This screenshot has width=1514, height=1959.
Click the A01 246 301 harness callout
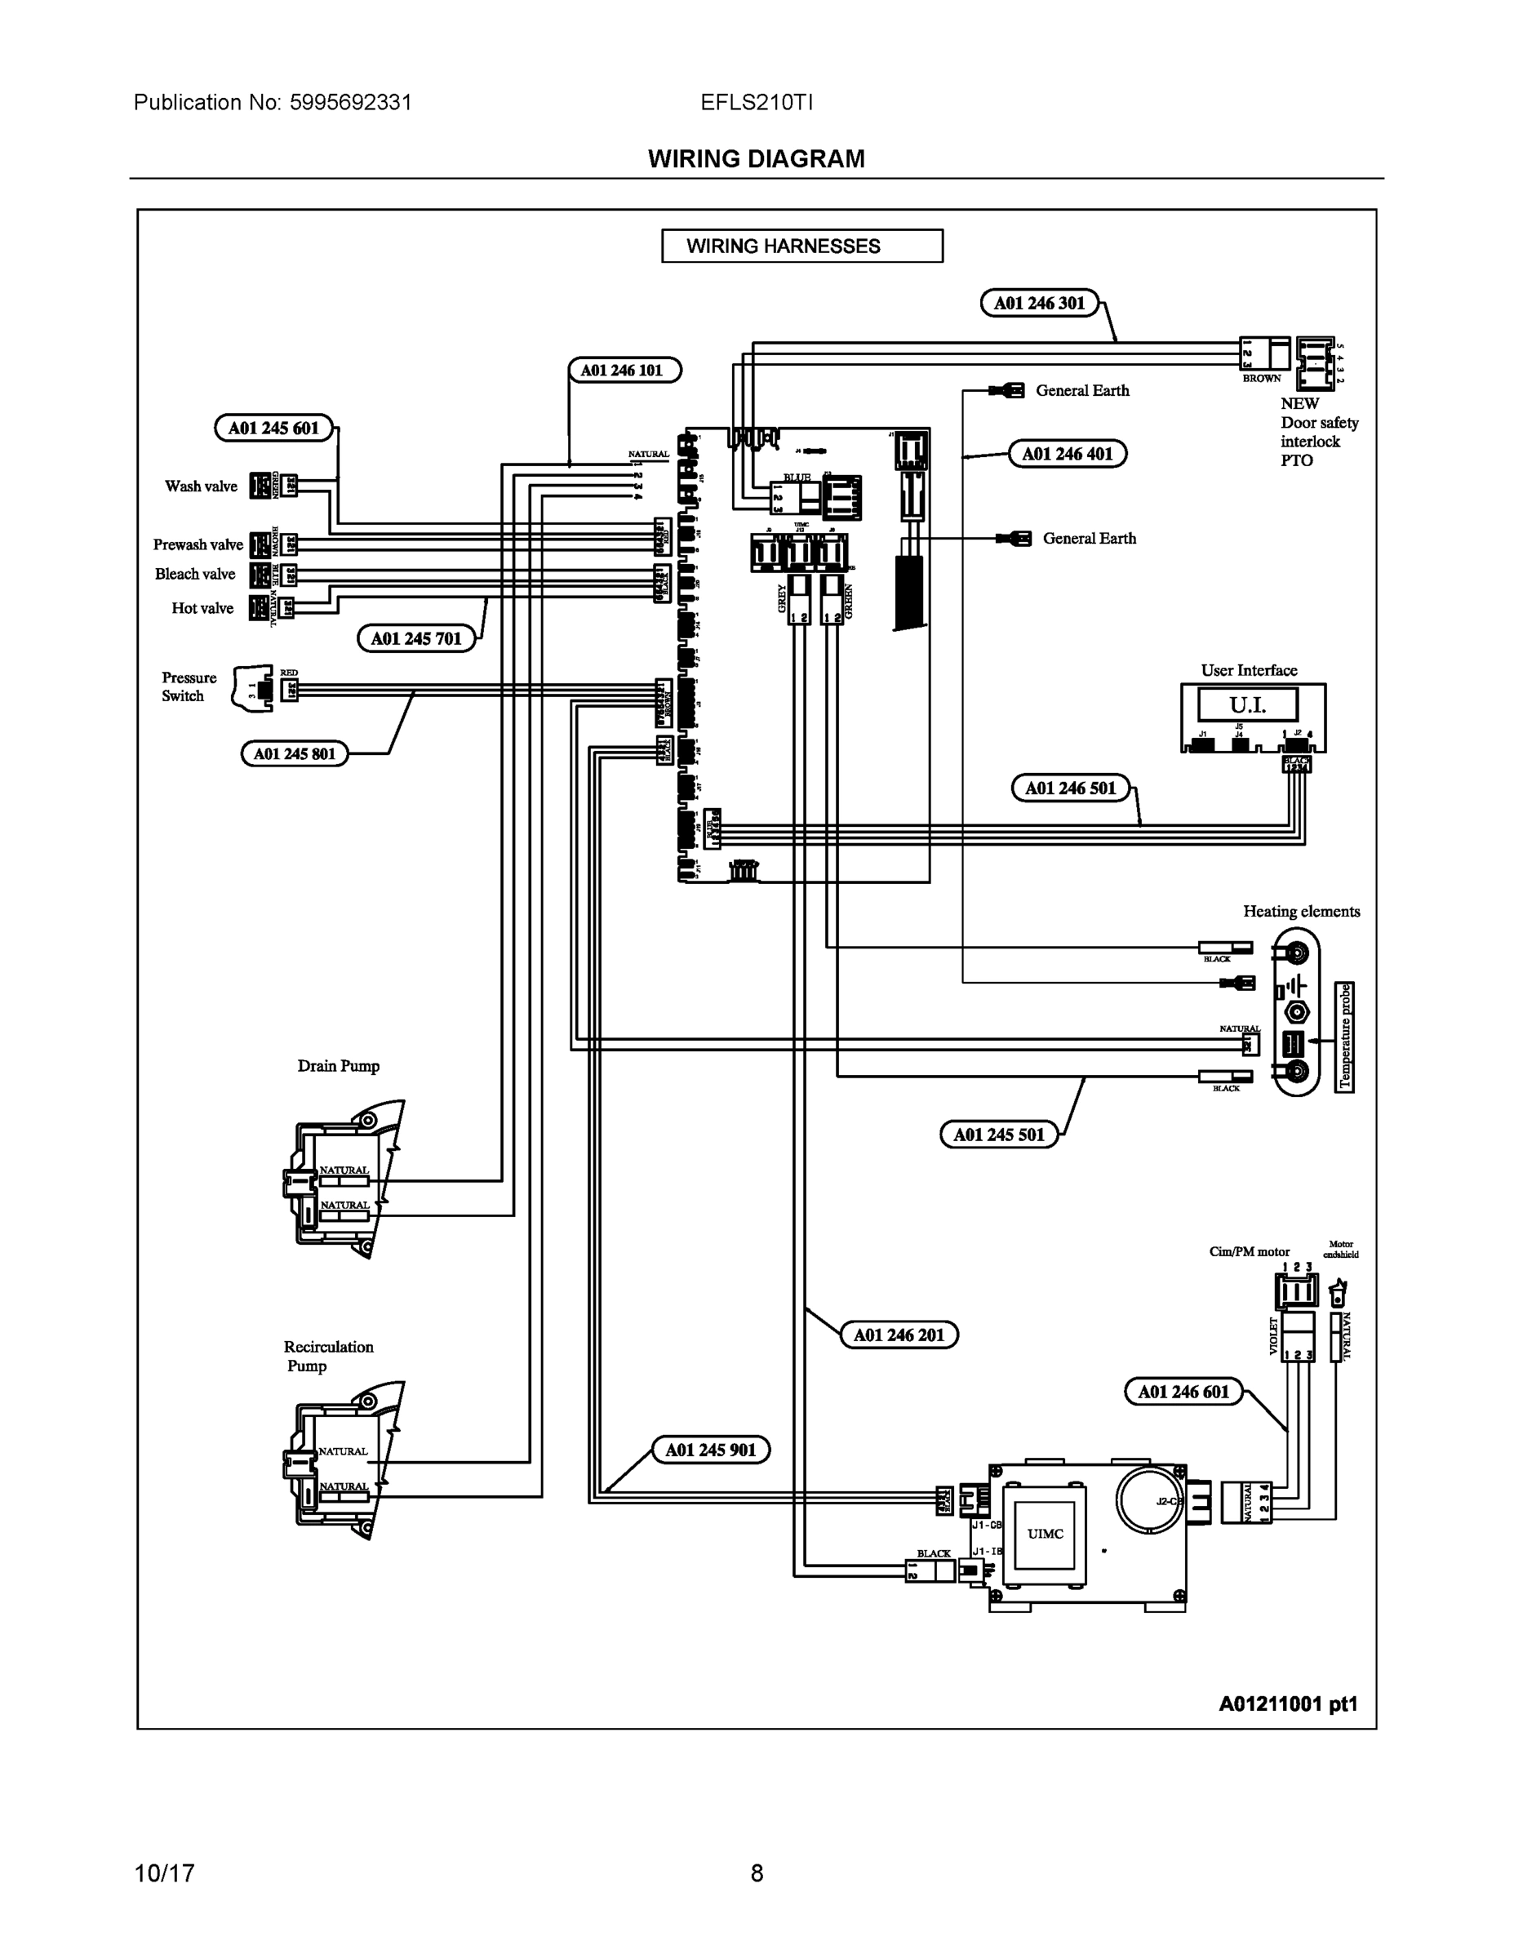[1039, 303]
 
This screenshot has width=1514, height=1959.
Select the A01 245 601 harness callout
[273, 428]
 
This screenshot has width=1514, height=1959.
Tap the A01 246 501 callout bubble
[1070, 788]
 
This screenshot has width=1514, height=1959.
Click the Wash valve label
[201, 486]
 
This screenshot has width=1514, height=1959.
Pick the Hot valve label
[202, 608]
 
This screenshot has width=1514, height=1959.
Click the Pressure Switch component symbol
[254, 689]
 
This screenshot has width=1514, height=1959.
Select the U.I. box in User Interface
[1248, 705]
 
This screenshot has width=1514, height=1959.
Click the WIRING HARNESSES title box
[801, 246]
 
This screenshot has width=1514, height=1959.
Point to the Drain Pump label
[338, 1065]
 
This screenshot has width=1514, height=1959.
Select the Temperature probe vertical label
[1344, 1037]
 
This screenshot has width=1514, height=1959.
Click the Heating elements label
[1300, 911]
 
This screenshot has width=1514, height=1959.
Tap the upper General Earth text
[1081, 390]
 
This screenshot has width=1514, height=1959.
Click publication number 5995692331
[350, 102]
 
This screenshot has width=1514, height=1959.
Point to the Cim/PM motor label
[1249, 1251]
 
